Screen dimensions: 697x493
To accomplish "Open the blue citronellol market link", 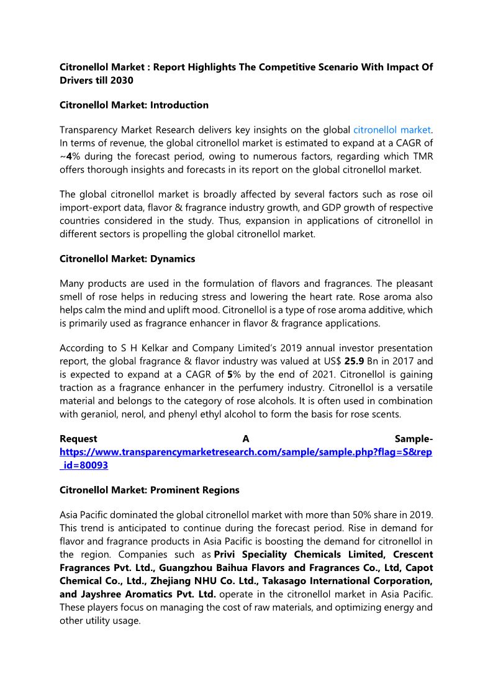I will click(x=392, y=130).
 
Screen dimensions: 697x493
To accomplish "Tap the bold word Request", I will click(x=78, y=439).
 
